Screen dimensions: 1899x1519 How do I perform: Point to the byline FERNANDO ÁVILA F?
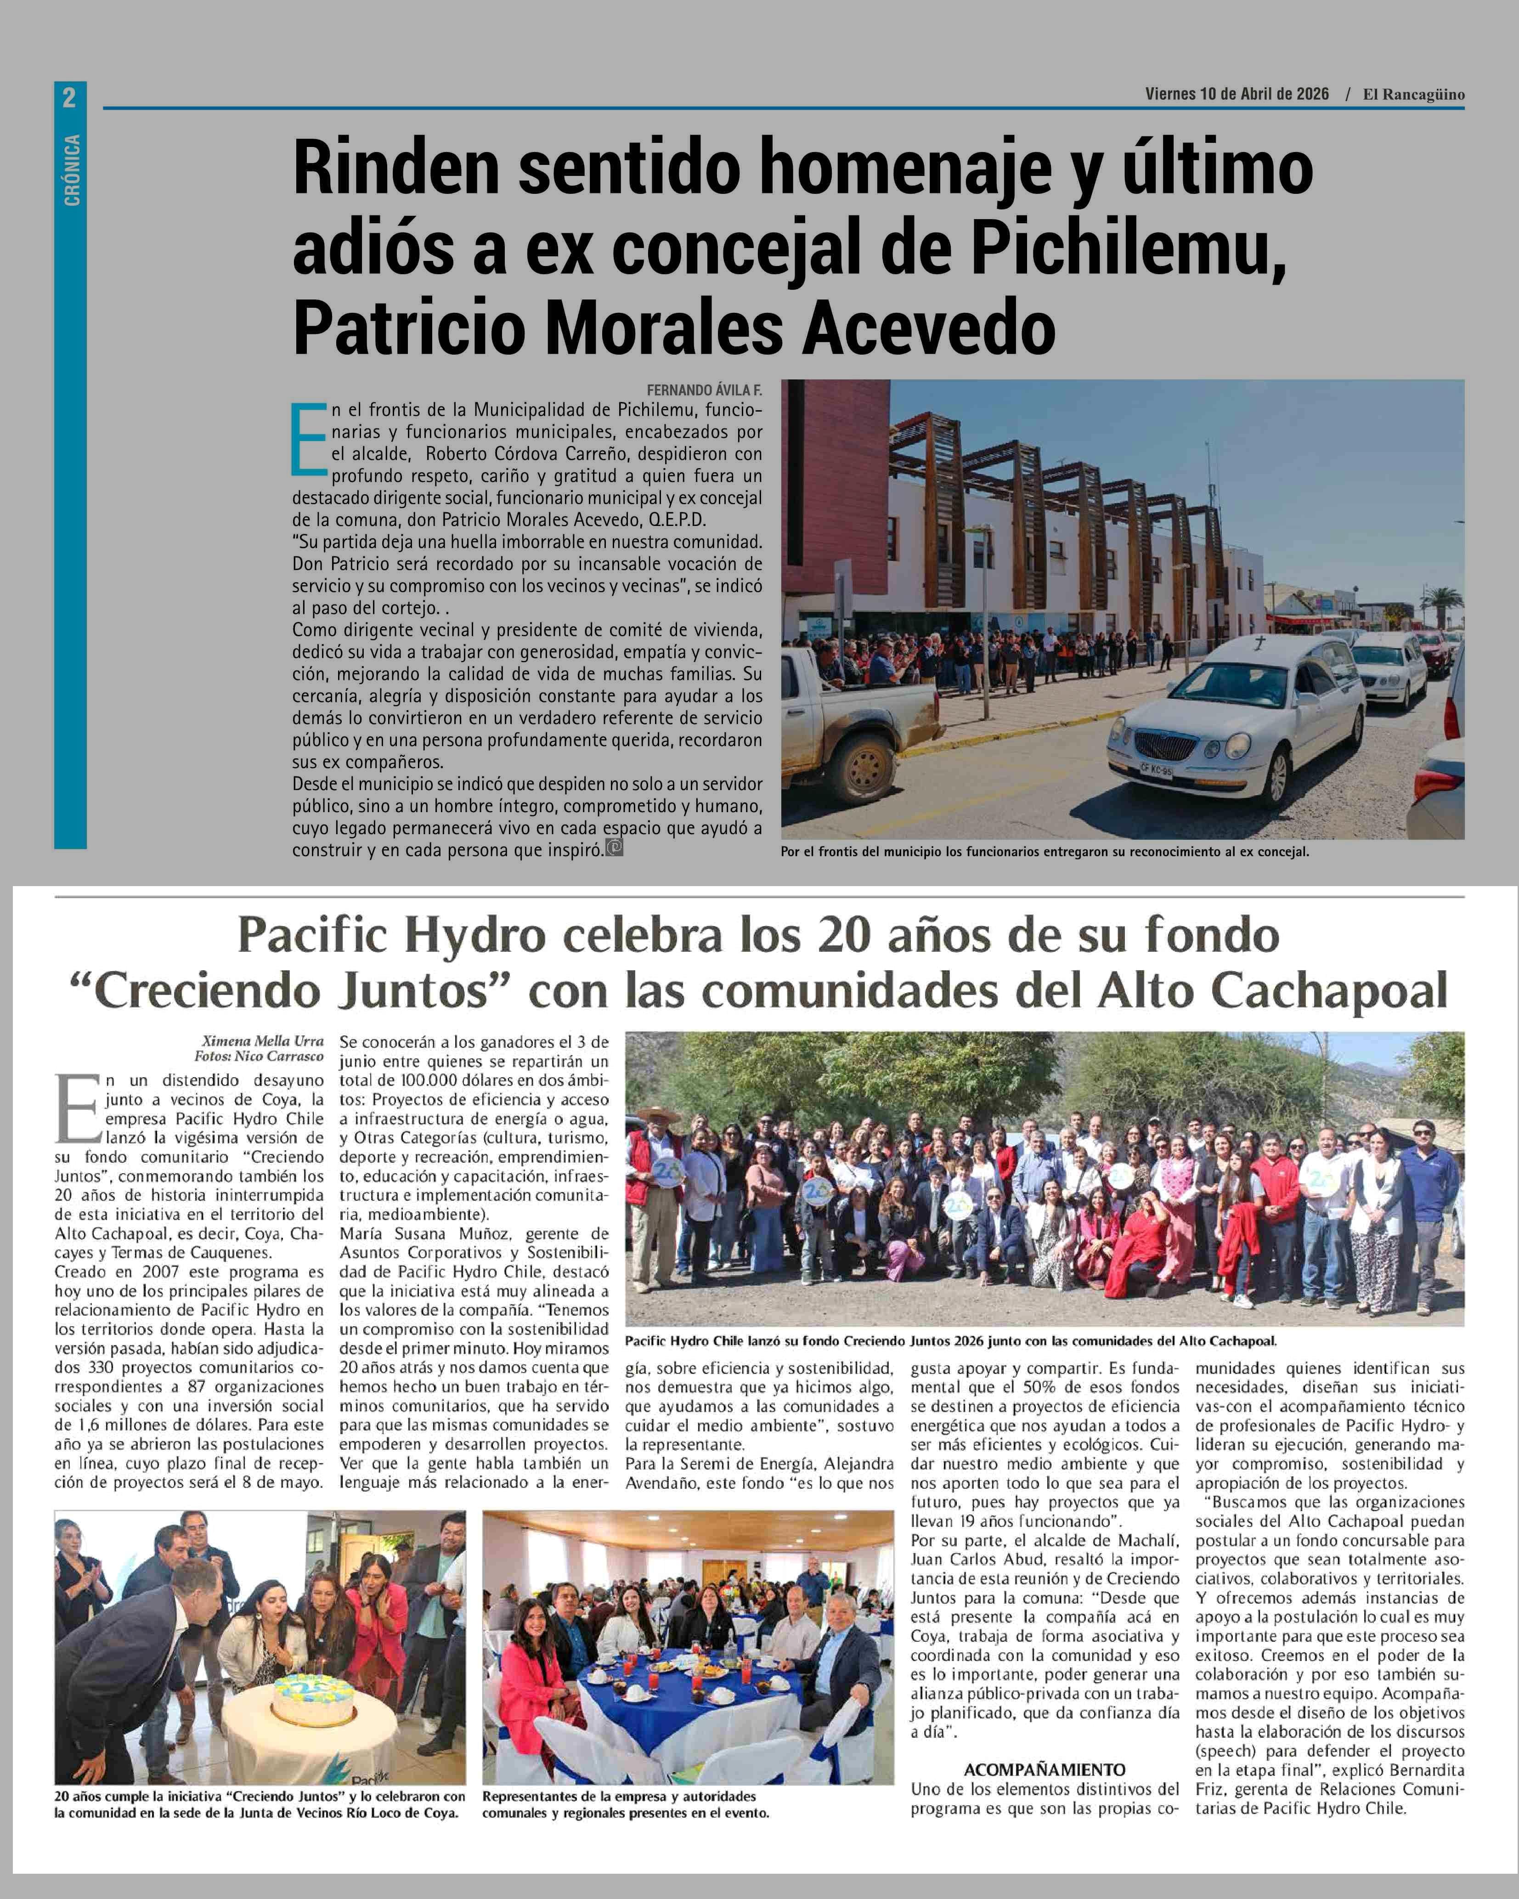tap(705, 390)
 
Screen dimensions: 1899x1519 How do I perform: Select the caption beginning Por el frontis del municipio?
tap(1045, 852)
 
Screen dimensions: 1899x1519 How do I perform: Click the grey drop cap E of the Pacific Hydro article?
tap(78, 1110)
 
